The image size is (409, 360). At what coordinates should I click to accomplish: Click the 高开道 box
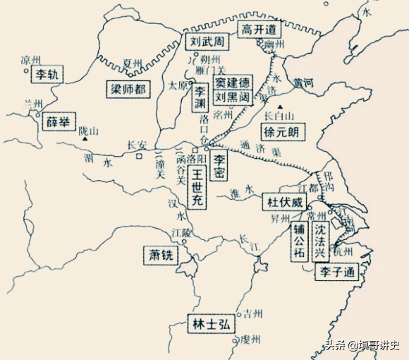(x=257, y=30)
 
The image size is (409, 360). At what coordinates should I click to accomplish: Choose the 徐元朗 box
(x=281, y=132)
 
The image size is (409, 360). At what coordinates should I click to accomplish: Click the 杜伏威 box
(x=284, y=202)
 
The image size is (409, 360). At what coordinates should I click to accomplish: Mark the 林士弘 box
(x=209, y=325)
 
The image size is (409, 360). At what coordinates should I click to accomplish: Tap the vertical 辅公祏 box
(x=300, y=241)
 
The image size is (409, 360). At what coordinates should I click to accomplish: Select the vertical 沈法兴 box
(x=321, y=240)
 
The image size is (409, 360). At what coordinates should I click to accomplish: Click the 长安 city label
(x=136, y=146)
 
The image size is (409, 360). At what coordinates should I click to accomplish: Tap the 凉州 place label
(x=32, y=59)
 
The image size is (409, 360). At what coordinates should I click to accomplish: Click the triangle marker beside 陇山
(x=85, y=139)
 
